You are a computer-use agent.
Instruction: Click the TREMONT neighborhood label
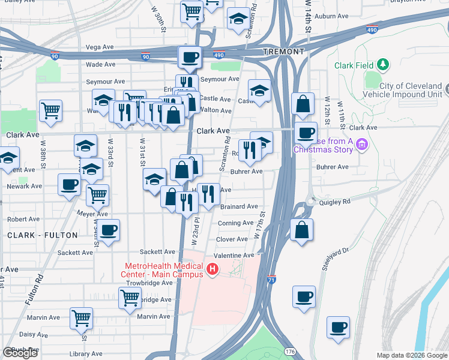click(283, 52)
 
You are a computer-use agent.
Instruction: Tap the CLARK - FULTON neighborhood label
click(43, 235)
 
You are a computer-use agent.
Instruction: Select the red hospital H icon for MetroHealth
click(211, 271)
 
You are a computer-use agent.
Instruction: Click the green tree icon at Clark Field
click(382, 65)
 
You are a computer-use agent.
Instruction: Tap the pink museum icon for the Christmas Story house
click(361, 144)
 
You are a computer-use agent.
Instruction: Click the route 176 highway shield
click(291, 350)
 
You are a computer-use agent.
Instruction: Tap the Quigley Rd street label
click(337, 202)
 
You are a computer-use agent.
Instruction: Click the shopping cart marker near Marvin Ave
click(80, 318)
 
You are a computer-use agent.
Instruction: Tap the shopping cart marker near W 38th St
click(50, 110)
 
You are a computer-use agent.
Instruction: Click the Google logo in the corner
click(20, 353)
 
